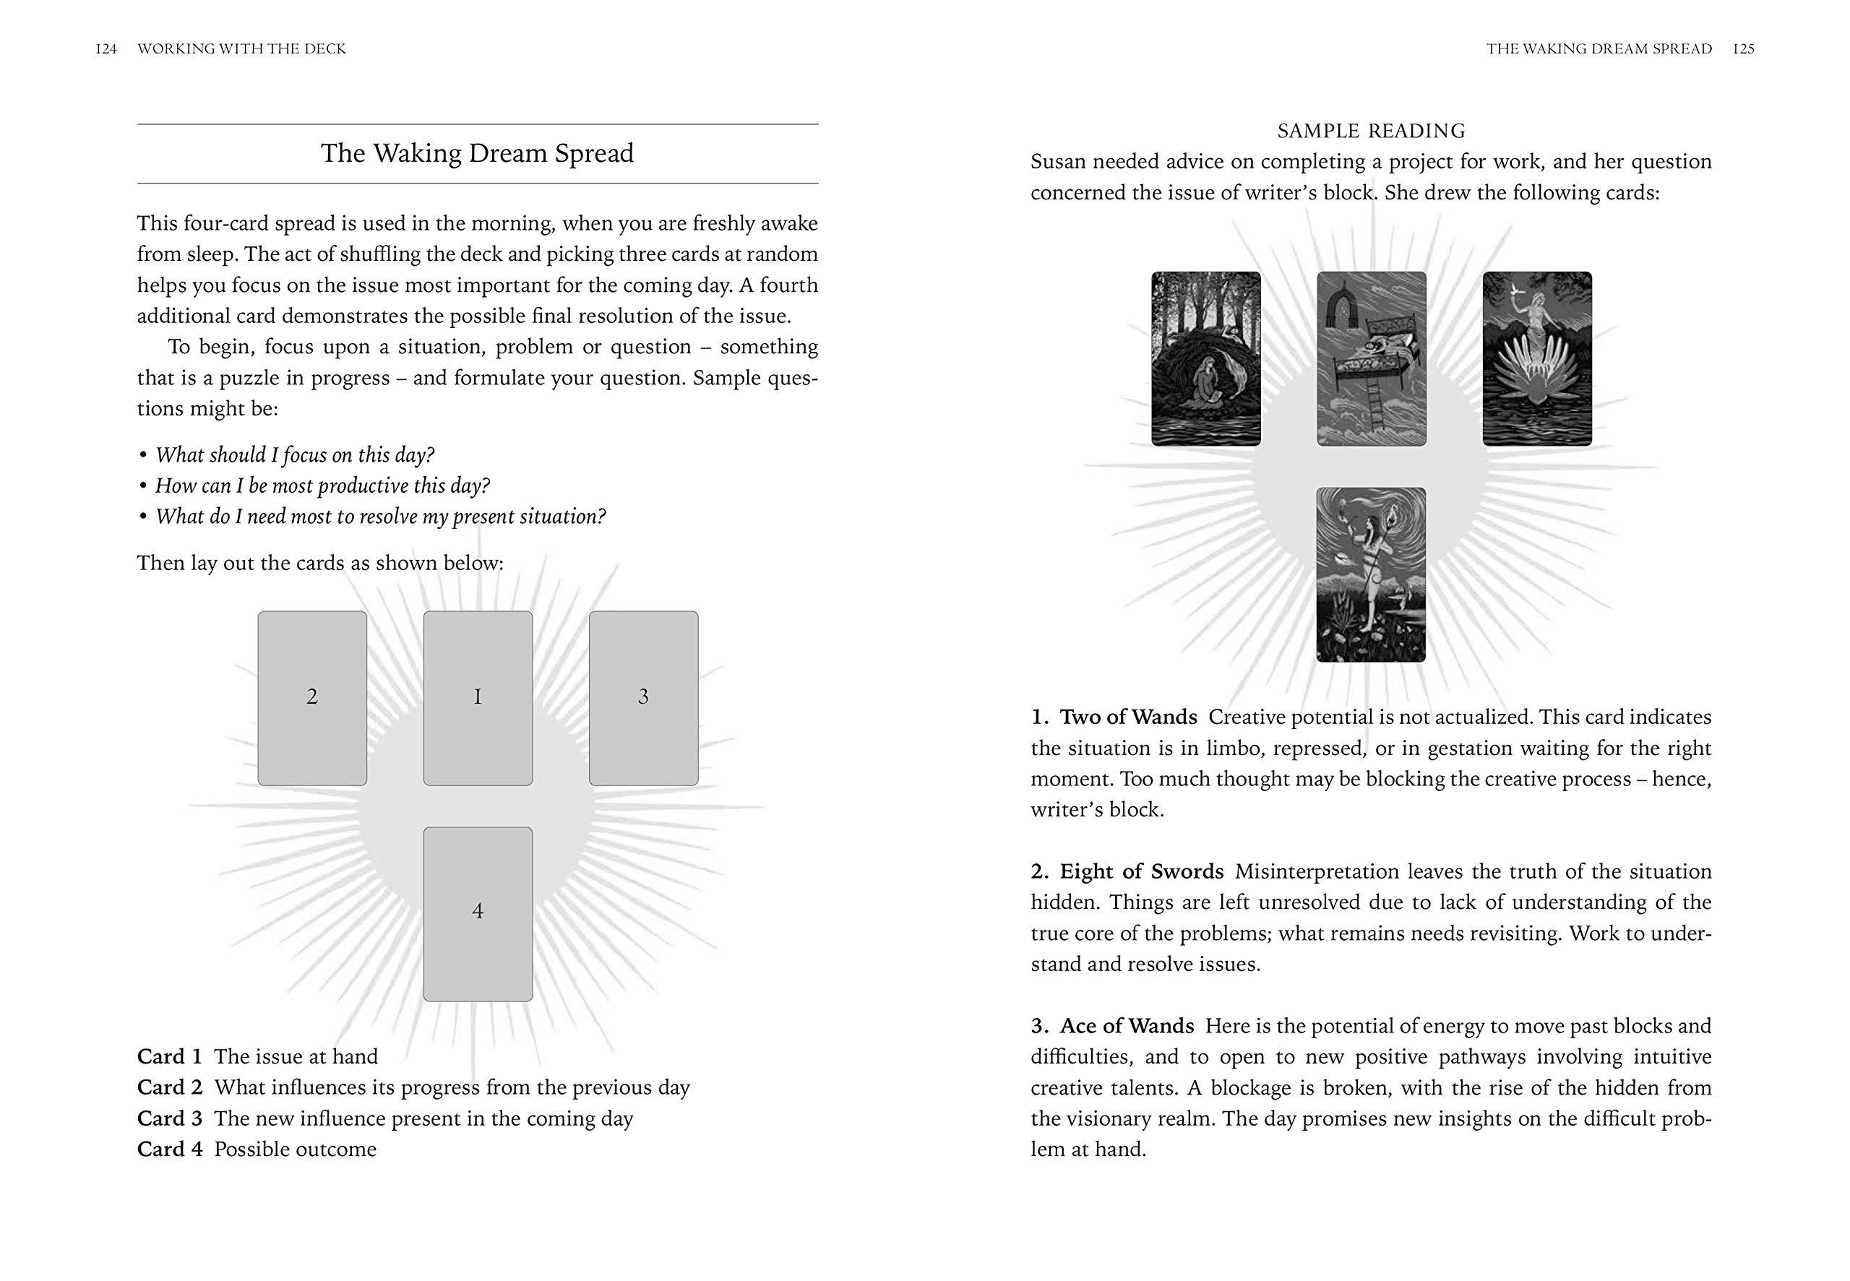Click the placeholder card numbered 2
pyautogui.click(x=312, y=697)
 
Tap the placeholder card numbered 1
pyautogui.click(x=478, y=697)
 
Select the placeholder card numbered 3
pyautogui.click(x=643, y=697)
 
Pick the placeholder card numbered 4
pyautogui.click(x=478, y=913)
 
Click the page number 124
pyautogui.click(x=106, y=49)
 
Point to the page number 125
pyautogui.click(x=1743, y=49)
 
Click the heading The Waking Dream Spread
pyautogui.click(x=478, y=153)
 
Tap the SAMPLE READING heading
pyautogui.click(x=1371, y=131)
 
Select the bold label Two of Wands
pyautogui.click(x=1129, y=717)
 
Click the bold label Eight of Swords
pyautogui.click(x=1141, y=871)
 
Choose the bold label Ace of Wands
pyautogui.click(x=1127, y=1026)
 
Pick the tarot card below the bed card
pyautogui.click(x=1371, y=574)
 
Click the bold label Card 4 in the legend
pyautogui.click(x=170, y=1150)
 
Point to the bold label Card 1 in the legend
pyautogui.click(x=170, y=1056)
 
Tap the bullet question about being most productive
pyautogui.click(x=322, y=486)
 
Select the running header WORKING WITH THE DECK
pyautogui.click(x=241, y=49)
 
